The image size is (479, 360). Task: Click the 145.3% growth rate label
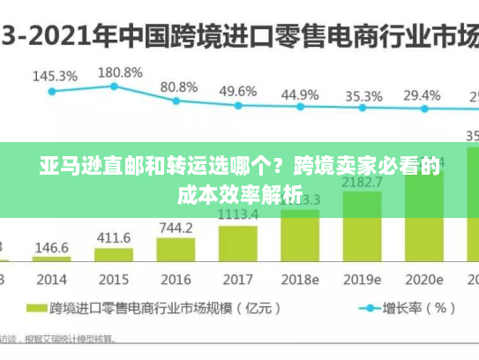click(55, 76)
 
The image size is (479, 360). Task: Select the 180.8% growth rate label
click(119, 71)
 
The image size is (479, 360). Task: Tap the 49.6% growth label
click(237, 91)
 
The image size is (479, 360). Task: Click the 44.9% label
click(300, 94)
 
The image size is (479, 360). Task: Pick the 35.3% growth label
click(363, 96)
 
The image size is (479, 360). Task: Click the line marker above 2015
click(114, 86)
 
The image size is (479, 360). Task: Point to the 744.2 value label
click(176, 228)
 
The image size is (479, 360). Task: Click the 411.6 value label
click(113, 238)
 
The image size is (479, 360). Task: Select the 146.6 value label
click(51, 247)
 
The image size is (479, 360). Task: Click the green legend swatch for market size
click(36, 309)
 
